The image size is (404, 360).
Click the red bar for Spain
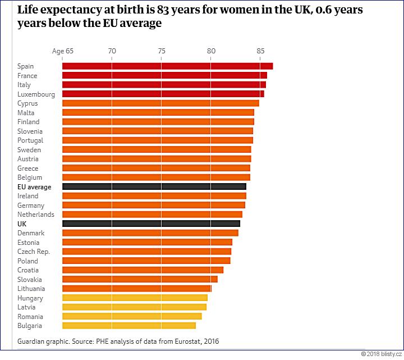pos(167,66)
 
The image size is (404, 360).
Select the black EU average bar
pos(154,186)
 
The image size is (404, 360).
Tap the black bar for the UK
pos(151,224)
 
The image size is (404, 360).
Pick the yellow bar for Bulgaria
pos(128,326)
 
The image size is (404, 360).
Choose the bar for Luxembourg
pos(163,94)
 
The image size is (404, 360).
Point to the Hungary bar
pos(135,298)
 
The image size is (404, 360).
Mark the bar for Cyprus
pos(160,103)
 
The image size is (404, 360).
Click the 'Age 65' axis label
pos(63,51)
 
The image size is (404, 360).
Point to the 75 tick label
pos(162,51)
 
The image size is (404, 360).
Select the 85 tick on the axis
pos(260,51)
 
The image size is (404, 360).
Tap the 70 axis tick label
pos(112,51)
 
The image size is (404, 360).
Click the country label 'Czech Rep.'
pos(34,252)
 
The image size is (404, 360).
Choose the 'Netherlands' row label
pos(36,215)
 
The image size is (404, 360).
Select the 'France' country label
pos(27,76)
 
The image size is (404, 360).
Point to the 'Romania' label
pos(30,316)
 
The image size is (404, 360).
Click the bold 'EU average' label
pos(34,186)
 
